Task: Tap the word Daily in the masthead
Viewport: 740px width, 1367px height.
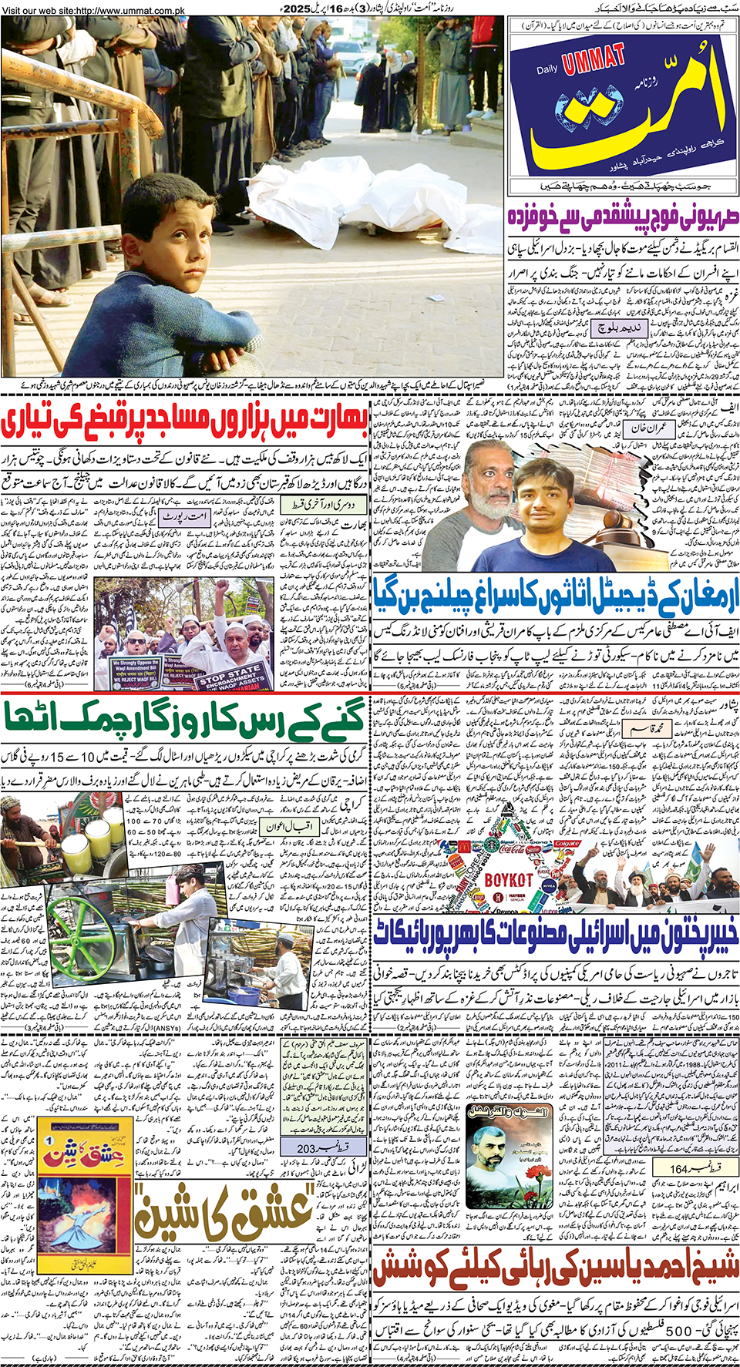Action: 547,70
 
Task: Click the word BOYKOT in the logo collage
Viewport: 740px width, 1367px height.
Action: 508,879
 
